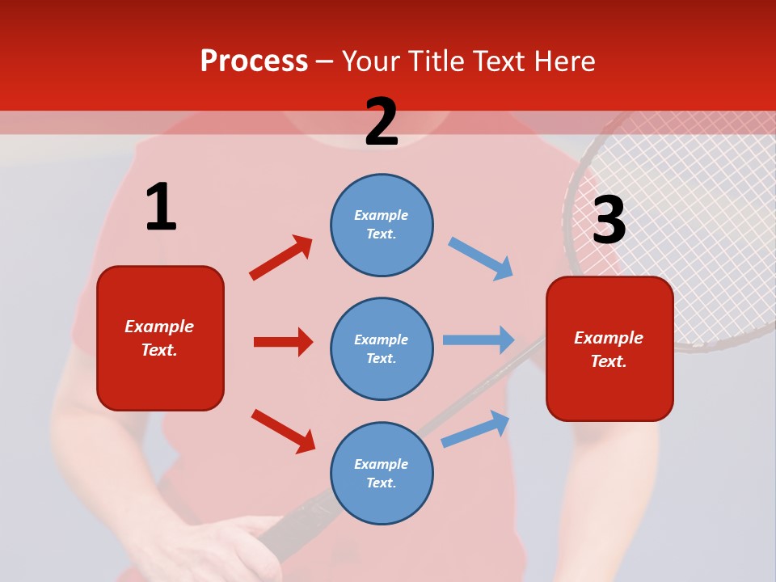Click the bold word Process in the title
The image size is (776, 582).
254,61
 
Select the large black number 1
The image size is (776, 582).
161,208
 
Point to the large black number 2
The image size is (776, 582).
382,122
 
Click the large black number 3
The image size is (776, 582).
609,220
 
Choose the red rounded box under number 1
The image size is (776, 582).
160,338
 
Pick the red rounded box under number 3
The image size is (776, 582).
609,348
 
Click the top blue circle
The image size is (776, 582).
382,225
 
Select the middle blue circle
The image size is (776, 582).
382,348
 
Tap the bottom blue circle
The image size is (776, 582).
382,473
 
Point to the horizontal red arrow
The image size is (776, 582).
283,342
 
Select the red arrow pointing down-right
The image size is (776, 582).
283,431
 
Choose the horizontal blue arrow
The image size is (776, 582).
479,339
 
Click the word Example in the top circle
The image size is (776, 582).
382,215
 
